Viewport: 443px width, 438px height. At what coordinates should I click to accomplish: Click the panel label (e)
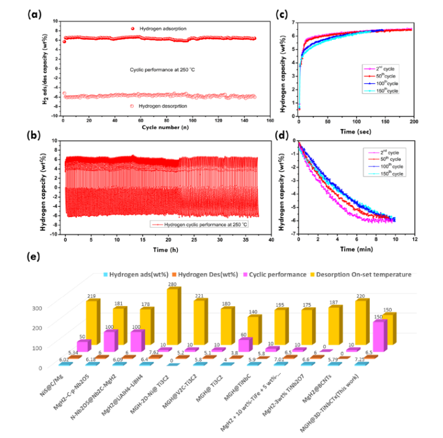[x=34, y=256]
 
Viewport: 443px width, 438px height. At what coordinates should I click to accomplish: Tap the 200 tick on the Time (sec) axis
[x=414, y=121]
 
